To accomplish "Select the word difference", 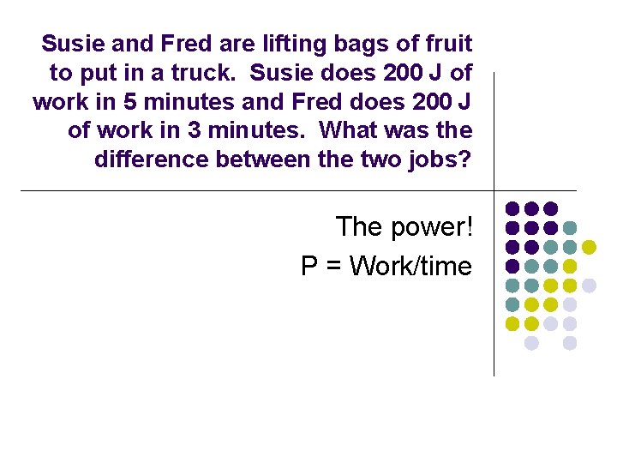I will click(147, 159).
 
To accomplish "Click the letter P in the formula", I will click(309, 266).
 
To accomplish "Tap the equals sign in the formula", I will click(333, 266).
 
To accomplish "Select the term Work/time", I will click(411, 266).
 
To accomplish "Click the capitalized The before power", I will click(358, 227).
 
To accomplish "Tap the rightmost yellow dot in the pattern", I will click(589, 247).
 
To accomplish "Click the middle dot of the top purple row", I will click(531, 208).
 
